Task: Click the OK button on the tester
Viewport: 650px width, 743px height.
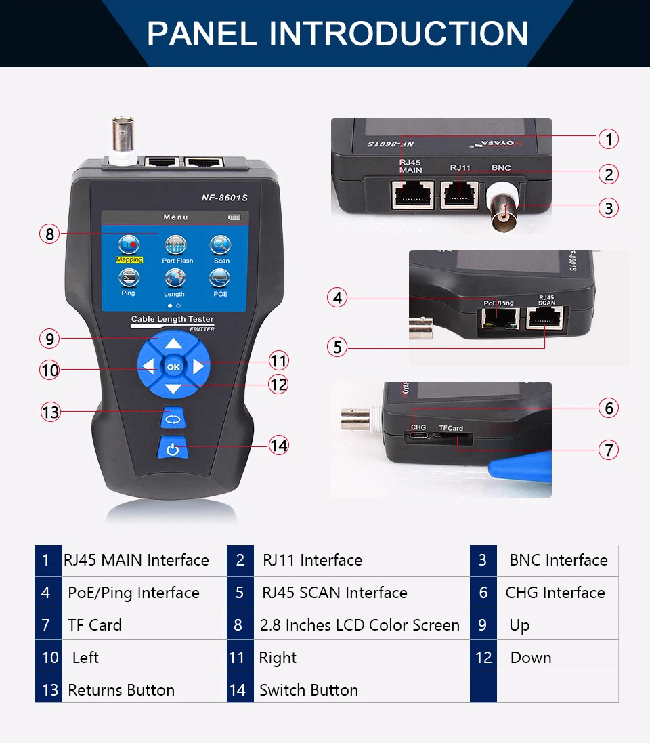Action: [173, 367]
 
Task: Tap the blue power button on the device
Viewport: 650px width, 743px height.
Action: [173, 449]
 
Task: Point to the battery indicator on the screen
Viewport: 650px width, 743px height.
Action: [234, 217]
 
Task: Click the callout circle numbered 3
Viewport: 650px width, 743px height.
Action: [609, 208]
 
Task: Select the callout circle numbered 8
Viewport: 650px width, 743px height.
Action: [49, 234]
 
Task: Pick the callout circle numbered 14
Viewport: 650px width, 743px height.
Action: [278, 446]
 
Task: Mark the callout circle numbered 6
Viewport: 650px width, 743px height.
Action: [609, 408]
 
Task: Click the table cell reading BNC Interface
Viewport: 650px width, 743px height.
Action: [558, 560]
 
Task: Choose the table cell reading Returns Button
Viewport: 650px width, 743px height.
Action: [121, 690]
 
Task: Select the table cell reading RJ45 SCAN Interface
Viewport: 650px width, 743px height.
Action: [334, 593]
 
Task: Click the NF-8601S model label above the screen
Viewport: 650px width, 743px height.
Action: [224, 198]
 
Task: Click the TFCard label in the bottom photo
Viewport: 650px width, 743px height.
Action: [451, 428]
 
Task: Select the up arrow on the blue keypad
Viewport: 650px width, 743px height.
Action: [173, 343]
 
